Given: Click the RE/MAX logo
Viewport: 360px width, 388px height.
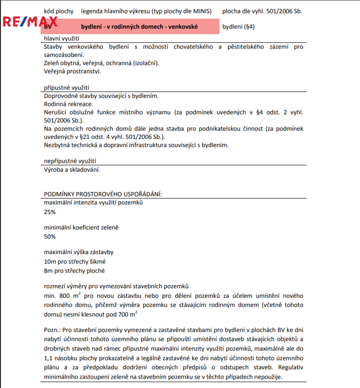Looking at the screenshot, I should tap(30, 22).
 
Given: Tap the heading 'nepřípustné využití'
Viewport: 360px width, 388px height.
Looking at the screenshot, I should tap(70, 161).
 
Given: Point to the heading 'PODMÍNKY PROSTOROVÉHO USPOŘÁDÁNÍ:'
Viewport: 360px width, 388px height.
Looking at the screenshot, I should tap(103, 194).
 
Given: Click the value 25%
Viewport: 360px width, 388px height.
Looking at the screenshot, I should tap(50, 212).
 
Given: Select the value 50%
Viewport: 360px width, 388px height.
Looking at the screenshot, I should tap(50, 237).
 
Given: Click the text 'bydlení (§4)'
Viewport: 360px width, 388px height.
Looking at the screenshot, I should tap(238, 27).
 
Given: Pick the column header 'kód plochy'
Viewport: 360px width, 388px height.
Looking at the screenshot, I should tap(59, 11).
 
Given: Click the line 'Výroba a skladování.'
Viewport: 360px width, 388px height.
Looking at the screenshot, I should tap(72, 170).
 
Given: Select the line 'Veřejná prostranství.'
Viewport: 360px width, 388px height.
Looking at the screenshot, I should tap(72, 71).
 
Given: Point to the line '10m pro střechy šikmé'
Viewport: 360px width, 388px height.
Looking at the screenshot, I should tap(75, 262).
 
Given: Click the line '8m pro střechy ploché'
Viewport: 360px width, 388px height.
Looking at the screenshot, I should tap(74, 271).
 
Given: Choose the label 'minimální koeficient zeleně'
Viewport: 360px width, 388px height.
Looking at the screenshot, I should tap(81, 228).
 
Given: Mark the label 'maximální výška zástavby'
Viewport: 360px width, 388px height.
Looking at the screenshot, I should tap(79, 252).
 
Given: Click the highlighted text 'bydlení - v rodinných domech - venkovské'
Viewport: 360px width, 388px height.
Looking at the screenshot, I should tap(140, 27).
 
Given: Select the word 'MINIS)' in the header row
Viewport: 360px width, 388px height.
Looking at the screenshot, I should tap(203, 11).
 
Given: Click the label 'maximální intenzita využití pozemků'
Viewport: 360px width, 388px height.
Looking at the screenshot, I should tap(93, 203).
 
